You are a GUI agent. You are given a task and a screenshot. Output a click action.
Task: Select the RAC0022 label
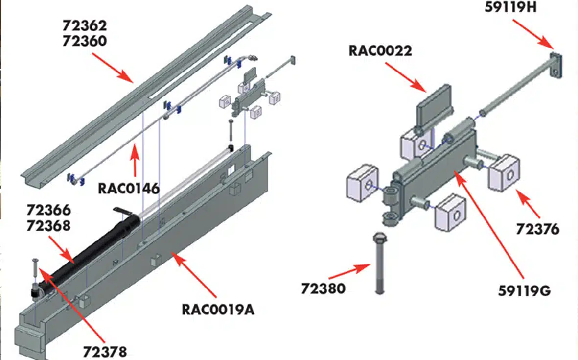pyautogui.click(x=380, y=50)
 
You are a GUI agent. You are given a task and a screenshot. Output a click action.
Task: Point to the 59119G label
pyautogui.click(x=525, y=290)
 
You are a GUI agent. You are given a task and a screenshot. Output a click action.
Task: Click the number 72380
pyautogui.click(x=323, y=288)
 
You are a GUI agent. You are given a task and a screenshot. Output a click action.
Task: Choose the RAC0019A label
pyautogui.click(x=218, y=310)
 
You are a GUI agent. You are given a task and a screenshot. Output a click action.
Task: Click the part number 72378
pyautogui.click(x=105, y=351)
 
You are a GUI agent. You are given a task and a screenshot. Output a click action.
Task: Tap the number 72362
pyautogui.click(x=84, y=25)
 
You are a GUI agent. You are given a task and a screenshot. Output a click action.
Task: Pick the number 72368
pyautogui.click(x=49, y=226)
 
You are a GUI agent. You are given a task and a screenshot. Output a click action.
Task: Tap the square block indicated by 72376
pyautogui.click(x=504, y=171)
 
